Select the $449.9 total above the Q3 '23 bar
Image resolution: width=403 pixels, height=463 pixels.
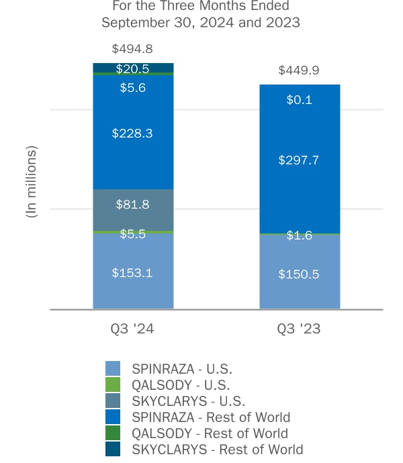click(x=300, y=70)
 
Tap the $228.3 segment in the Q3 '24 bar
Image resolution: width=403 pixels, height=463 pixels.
click(x=133, y=134)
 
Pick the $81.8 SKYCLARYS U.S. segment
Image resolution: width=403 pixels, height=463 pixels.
click(x=133, y=205)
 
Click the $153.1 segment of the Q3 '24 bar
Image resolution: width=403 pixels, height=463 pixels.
click(x=133, y=272)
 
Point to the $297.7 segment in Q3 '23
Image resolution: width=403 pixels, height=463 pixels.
click(x=300, y=160)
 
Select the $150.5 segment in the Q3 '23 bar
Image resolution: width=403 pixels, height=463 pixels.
click(x=300, y=274)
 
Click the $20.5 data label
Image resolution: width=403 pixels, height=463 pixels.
click(x=133, y=68)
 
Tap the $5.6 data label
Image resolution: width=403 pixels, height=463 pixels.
click(x=133, y=87)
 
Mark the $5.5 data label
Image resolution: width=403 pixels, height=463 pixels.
click(x=133, y=234)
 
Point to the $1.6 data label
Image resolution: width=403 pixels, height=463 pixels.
click(x=300, y=236)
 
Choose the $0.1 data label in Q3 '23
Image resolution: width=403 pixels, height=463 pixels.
click(x=300, y=100)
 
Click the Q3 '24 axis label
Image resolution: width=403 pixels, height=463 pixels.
click(x=133, y=329)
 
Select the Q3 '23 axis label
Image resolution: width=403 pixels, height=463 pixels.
click(x=300, y=329)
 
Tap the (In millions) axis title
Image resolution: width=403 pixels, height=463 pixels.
click(x=32, y=181)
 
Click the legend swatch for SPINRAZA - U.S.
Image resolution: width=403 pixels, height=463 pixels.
click(x=113, y=368)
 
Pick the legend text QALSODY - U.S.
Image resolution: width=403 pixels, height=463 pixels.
click(x=181, y=385)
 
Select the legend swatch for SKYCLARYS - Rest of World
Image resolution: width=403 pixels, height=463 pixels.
click(x=113, y=450)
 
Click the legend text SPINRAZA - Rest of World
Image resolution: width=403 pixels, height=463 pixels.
click(x=211, y=417)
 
